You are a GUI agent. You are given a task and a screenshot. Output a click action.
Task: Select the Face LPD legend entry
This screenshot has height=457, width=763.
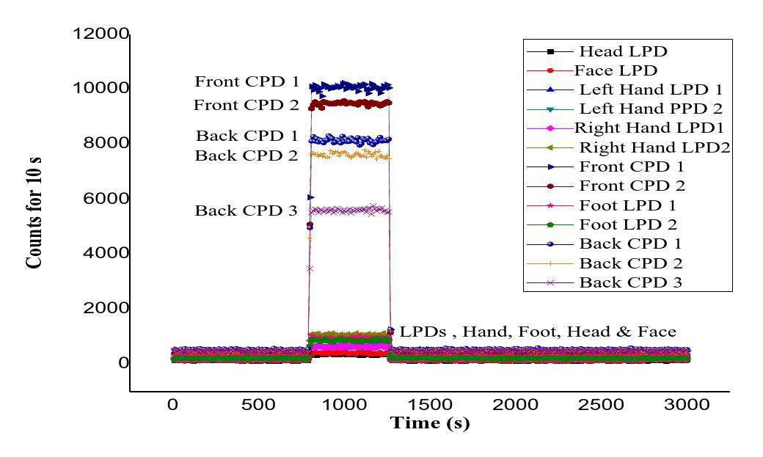pyautogui.click(x=616, y=70)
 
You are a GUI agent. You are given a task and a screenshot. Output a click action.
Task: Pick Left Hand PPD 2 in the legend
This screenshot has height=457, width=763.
pyautogui.click(x=651, y=109)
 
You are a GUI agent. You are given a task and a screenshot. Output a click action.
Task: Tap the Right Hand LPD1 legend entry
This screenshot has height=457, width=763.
pyautogui.click(x=649, y=128)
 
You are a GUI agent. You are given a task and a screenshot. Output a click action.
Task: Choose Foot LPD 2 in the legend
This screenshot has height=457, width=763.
pyautogui.click(x=628, y=224)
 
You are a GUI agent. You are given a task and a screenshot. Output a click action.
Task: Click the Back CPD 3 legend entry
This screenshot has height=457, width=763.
pyautogui.click(x=631, y=282)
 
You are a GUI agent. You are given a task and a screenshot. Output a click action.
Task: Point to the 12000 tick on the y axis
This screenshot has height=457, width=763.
pyautogui.click(x=101, y=34)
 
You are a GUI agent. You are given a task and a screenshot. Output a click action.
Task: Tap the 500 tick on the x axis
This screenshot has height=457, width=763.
pyautogui.click(x=258, y=405)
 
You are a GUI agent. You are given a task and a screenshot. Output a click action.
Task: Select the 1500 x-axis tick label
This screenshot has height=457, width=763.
pyautogui.click(x=429, y=405)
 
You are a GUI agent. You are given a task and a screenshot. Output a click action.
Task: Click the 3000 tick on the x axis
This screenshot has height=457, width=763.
pyautogui.click(x=686, y=405)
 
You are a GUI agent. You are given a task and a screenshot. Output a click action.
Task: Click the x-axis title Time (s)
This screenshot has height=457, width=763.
pyautogui.click(x=429, y=423)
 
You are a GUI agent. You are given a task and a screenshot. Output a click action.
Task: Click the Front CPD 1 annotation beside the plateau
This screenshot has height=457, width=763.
pyautogui.click(x=247, y=81)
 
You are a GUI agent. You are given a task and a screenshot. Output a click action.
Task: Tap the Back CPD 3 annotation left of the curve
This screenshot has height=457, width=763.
pyautogui.click(x=246, y=211)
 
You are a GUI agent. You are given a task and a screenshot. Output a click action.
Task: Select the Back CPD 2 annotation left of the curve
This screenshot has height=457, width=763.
pyautogui.click(x=247, y=156)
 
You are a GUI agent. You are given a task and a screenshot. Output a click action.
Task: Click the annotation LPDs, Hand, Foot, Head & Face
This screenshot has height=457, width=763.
pyautogui.click(x=538, y=332)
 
